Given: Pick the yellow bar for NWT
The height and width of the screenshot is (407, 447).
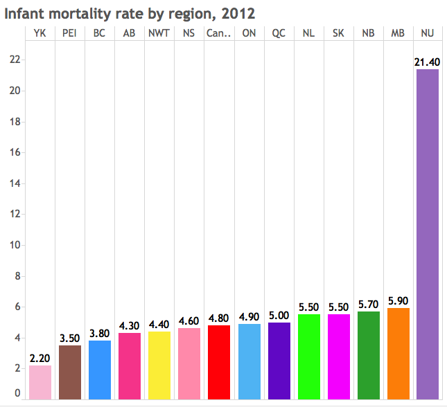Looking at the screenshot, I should click(159, 365).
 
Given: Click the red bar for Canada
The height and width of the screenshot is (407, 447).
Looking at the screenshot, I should click(219, 362).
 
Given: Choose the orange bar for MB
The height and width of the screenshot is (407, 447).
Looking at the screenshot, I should click(398, 353).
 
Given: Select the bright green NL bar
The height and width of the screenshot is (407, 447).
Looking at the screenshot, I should click(308, 356).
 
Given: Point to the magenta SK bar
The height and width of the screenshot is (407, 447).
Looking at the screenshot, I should click(338, 356).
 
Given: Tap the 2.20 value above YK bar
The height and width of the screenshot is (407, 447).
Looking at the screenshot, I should click(40, 359).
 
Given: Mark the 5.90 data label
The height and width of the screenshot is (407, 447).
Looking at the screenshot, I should click(398, 302).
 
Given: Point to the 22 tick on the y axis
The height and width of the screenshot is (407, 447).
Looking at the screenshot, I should click(12, 60).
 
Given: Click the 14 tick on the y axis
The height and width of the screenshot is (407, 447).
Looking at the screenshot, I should click(12, 183).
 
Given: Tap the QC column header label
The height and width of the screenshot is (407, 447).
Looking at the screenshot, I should click(279, 33).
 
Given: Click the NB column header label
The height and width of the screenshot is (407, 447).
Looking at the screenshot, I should click(368, 33).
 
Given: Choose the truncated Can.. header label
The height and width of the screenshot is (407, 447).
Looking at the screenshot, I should click(219, 33).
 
